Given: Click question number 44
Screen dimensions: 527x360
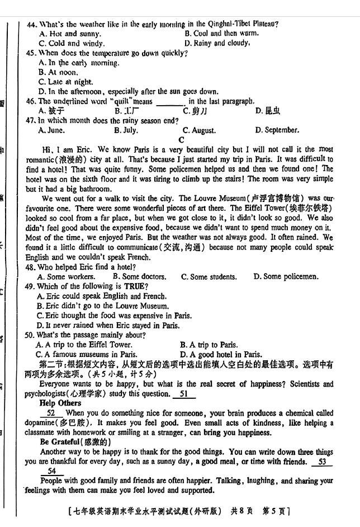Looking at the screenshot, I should pos(31,24).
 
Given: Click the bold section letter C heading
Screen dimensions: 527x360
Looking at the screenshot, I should pos(181,140).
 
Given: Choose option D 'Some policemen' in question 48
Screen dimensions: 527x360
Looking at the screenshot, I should pos(286,276).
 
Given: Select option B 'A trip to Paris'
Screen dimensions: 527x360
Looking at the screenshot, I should pos(210,345).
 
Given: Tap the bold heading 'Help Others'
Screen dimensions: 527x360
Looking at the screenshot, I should pos(60,403).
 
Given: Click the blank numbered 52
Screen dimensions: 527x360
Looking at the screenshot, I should pos(51,413).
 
